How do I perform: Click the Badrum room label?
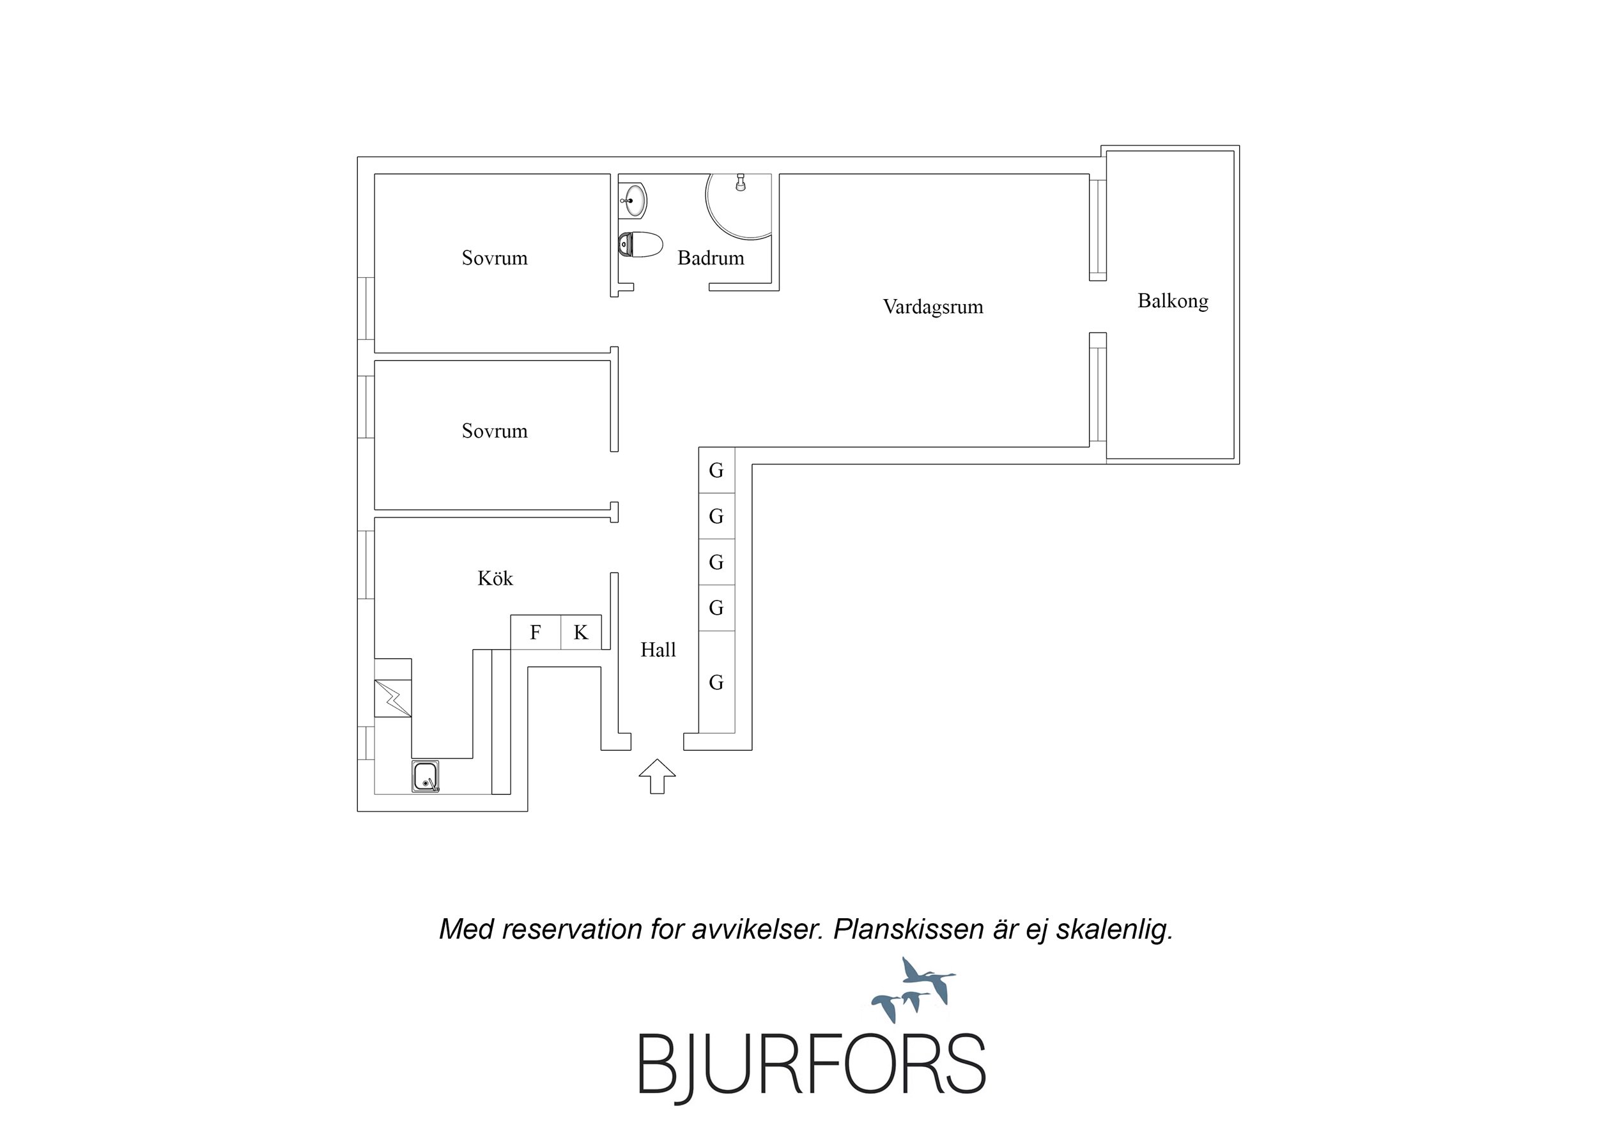710,258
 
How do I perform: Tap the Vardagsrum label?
933,307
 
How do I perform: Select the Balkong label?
1173,301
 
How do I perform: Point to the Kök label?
495,578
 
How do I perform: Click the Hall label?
658,650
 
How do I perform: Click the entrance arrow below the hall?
658,776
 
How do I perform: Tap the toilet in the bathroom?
640,245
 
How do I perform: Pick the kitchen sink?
425,776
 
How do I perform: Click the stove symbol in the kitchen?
392,698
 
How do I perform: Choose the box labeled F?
536,633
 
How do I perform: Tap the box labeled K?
581,633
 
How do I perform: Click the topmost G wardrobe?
716,470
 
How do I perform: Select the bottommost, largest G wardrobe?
716,682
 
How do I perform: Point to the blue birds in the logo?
913,987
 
